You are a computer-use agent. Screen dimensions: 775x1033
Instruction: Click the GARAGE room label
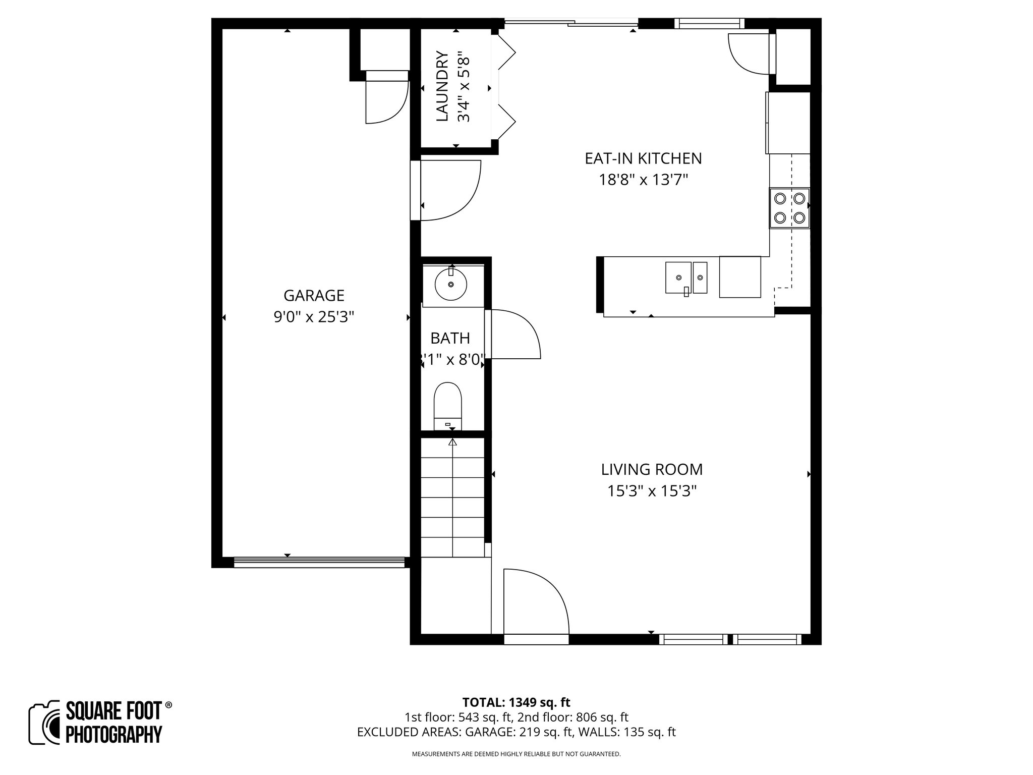pyautogui.click(x=314, y=295)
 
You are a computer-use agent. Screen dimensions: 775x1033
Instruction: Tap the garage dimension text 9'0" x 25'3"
pyautogui.click(x=314, y=317)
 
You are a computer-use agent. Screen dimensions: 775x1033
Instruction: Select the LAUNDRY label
pyautogui.click(x=442, y=86)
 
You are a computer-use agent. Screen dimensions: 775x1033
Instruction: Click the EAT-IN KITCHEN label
pyautogui.click(x=643, y=158)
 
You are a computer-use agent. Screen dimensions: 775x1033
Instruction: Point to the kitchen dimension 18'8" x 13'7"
pyautogui.click(x=643, y=180)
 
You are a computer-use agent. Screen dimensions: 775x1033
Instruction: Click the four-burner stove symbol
pyautogui.click(x=789, y=208)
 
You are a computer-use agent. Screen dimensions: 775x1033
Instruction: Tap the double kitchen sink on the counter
pyautogui.click(x=686, y=278)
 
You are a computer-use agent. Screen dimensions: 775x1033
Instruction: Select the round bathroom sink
pyautogui.click(x=451, y=284)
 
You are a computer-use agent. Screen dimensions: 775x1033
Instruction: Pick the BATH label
pyautogui.click(x=450, y=338)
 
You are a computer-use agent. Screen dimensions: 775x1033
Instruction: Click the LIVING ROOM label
pyautogui.click(x=652, y=470)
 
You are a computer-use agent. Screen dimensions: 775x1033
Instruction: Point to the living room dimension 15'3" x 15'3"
pyautogui.click(x=652, y=491)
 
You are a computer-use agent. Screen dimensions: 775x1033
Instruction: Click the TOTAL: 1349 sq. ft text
pyautogui.click(x=516, y=702)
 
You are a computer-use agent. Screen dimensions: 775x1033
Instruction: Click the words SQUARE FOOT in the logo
pyautogui.click(x=113, y=711)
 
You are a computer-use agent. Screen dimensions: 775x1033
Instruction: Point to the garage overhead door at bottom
pyautogui.click(x=319, y=562)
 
